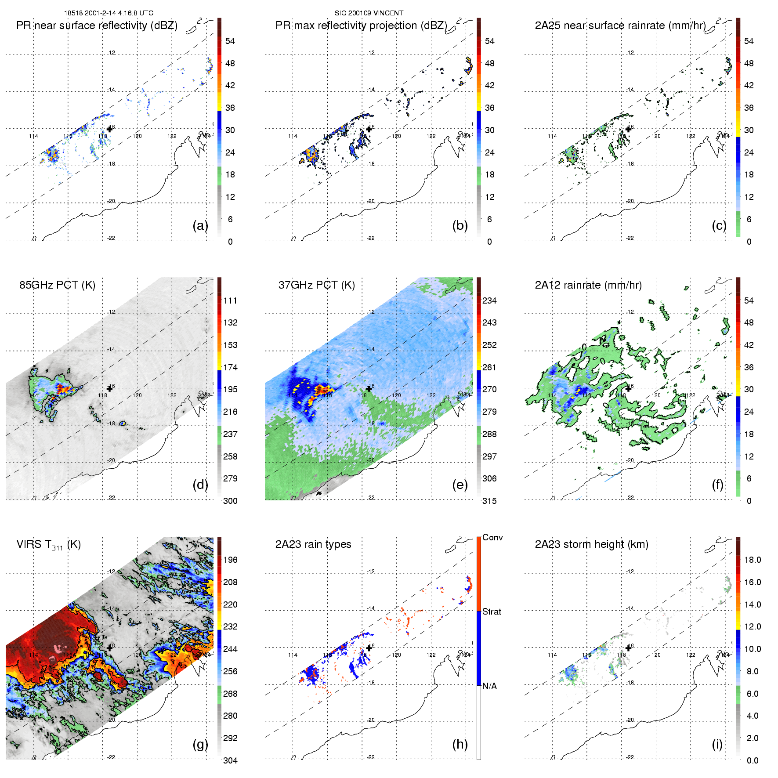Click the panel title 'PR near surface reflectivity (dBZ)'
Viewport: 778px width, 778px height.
click(97, 25)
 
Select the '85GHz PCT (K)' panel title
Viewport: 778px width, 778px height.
click(57, 285)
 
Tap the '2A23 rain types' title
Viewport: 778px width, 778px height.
click(313, 544)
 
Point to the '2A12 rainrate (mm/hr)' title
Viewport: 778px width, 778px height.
click(588, 285)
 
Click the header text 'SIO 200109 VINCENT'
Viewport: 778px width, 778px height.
click(369, 13)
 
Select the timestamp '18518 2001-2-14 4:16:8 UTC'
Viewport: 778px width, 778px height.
click(109, 13)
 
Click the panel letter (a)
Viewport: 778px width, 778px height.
click(200, 226)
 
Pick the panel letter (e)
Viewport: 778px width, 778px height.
click(460, 485)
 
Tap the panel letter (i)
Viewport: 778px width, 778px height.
click(717, 744)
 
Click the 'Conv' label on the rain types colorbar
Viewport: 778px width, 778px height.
click(492, 537)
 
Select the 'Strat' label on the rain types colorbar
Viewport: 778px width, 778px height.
click(492, 612)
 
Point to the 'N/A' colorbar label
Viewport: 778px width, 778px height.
click(489, 686)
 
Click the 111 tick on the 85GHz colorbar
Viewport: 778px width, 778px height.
click(230, 300)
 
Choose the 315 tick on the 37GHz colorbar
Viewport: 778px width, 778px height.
click(489, 501)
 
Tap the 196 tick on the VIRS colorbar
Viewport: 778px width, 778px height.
click(230, 560)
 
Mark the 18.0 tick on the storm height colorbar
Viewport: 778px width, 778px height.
click(753, 560)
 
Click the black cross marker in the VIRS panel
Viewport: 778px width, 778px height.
click(110, 648)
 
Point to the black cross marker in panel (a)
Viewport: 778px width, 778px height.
click(110, 129)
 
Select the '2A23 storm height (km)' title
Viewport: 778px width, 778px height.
click(591, 544)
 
